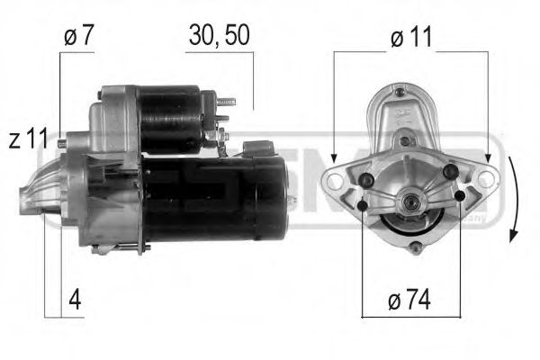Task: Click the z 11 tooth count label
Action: [28, 139]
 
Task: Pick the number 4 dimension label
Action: [76, 300]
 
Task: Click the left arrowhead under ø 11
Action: [334, 154]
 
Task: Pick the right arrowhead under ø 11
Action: [492, 154]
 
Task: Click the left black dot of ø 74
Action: [363, 206]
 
